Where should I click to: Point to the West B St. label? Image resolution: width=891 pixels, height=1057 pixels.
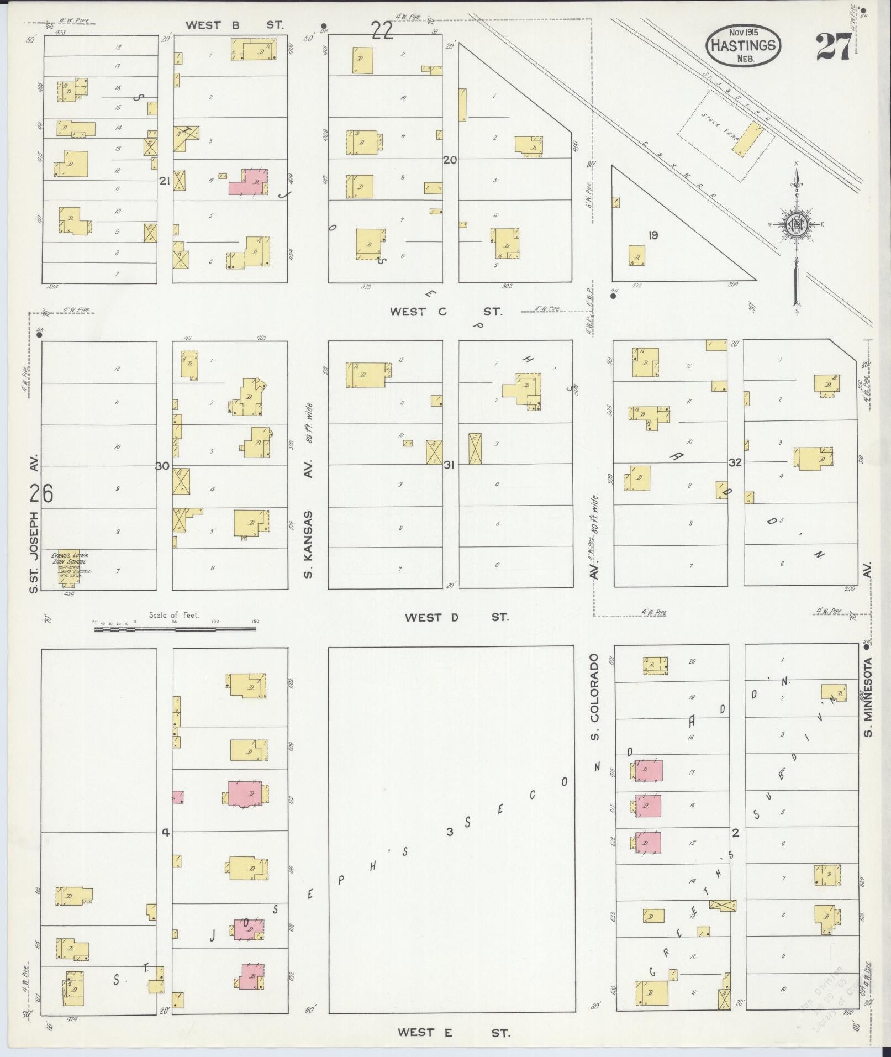tap(234, 25)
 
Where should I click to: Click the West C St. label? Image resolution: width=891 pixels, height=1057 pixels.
tap(446, 312)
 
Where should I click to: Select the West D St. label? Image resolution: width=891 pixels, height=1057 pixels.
tap(456, 617)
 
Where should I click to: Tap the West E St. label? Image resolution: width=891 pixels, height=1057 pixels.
tap(454, 1032)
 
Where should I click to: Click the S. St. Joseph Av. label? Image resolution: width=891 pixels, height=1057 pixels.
tap(34, 524)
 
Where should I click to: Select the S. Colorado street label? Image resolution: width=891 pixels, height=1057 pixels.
tap(594, 697)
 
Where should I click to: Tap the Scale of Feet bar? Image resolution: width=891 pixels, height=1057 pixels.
tap(176, 628)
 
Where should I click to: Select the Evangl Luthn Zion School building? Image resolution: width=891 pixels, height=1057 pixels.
tap(69, 570)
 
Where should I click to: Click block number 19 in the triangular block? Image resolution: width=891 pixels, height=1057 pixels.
tap(653, 235)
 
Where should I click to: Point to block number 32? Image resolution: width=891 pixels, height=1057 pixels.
tap(735, 462)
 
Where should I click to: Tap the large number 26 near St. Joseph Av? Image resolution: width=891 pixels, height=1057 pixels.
tap(41, 493)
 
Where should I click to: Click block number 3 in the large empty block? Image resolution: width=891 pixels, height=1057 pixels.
tap(450, 832)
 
